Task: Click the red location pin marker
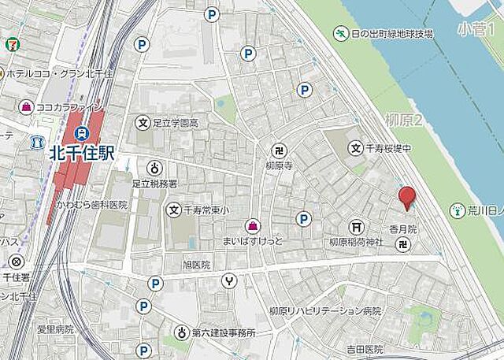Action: tap(406, 198)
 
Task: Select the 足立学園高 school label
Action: tap(176, 123)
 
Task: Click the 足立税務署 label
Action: tap(156, 183)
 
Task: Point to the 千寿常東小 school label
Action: tap(206, 210)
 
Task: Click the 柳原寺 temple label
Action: tap(279, 166)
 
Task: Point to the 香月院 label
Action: tap(402, 228)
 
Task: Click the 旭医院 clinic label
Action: tap(196, 265)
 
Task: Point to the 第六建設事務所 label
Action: tap(225, 332)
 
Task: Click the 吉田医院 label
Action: tap(363, 349)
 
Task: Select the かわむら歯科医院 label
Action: tap(91, 205)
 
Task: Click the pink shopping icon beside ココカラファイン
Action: tap(27, 106)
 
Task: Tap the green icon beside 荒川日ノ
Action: tap(457, 210)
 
